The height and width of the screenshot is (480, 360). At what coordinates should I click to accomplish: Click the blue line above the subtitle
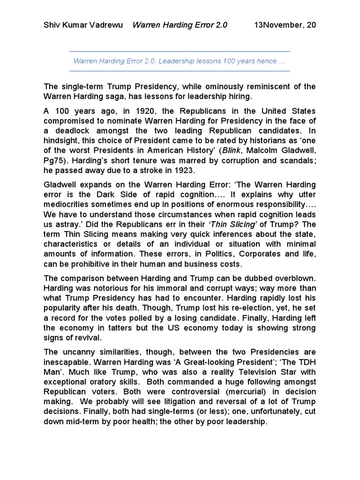tap(180, 51)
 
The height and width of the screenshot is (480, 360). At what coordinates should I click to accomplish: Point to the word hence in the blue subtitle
tap(265, 61)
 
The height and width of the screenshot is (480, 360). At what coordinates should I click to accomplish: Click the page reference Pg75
tap(53, 172)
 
